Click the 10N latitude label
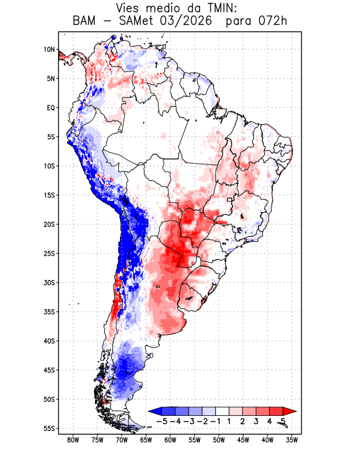tap(50, 50)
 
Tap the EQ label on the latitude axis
tap(51, 108)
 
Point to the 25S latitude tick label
tap(50, 253)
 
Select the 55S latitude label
tap(50, 429)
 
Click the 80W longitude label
tap(73, 440)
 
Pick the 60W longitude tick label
tap(170, 440)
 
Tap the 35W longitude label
tap(292, 440)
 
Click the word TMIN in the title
tap(221, 8)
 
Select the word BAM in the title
tap(84, 21)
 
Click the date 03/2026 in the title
tap(185, 22)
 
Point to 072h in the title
tap(272, 21)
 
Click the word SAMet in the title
tap(136, 21)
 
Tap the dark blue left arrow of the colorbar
tap(155, 411)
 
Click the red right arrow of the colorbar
tap(290, 411)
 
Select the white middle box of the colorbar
tap(223, 411)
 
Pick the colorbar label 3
tap(256, 421)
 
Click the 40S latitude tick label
tap(50, 341)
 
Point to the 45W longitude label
tap(243, 440)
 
